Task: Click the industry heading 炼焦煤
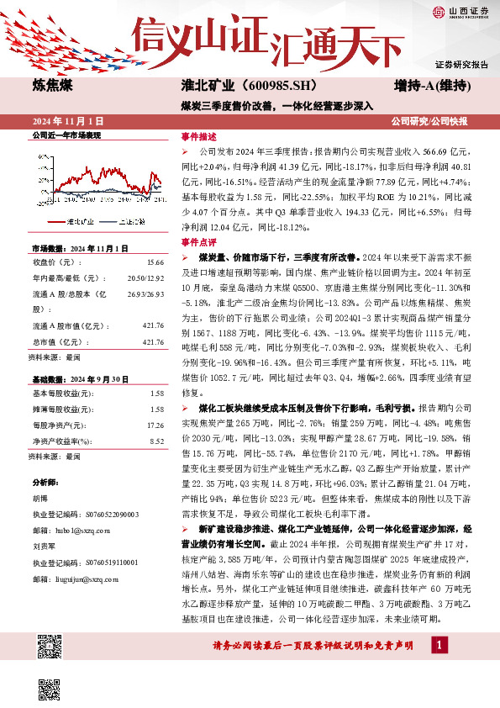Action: (x=52, y=85)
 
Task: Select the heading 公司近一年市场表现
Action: (x=66, y=135)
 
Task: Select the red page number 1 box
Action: (x=439, y=645)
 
